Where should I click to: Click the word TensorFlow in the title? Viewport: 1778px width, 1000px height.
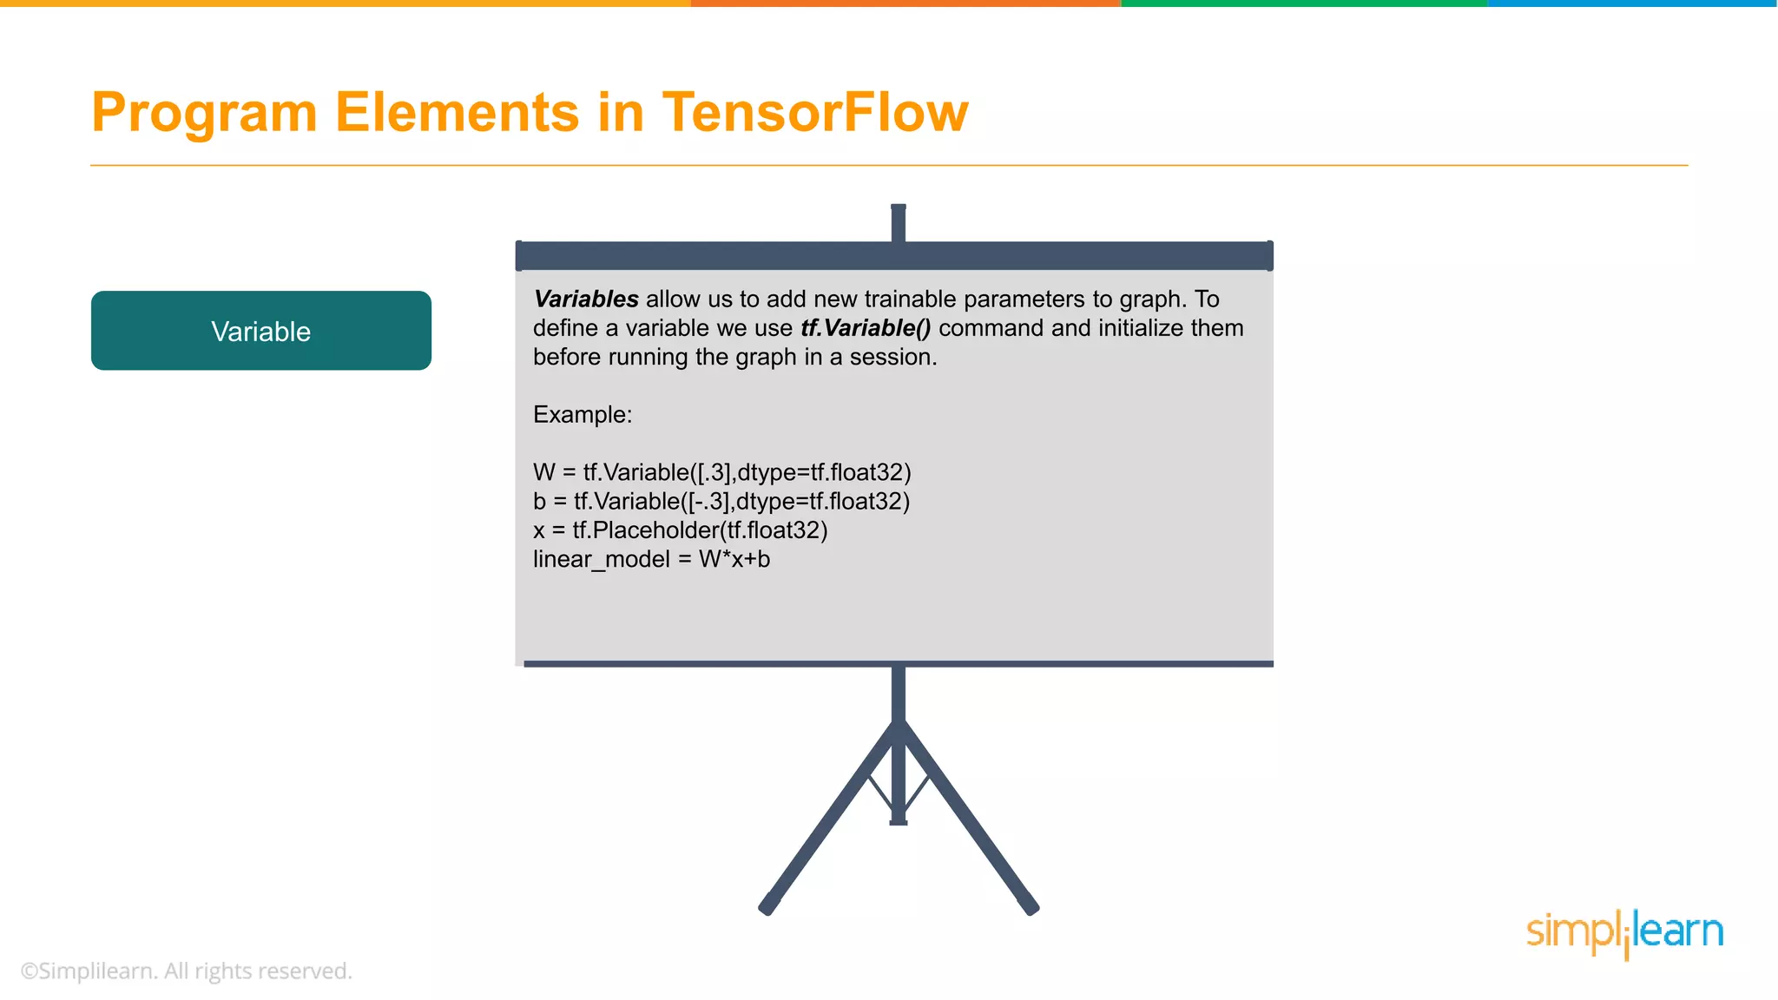pos(814,113)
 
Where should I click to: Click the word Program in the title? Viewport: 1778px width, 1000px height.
pos(205,113)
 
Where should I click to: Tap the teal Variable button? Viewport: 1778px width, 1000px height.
pos(261,331)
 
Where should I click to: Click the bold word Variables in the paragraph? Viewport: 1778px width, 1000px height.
pos(586,299)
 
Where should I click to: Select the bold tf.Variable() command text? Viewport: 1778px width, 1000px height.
pos(866,328)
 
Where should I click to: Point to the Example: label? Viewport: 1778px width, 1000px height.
pos(583,415)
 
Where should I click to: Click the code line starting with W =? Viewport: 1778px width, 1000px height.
pos(721,472)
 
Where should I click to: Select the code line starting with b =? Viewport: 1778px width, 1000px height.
pos(721,502)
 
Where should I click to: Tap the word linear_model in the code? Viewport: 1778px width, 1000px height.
pos(601,560)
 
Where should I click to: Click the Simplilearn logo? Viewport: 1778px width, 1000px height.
pos(1624,933)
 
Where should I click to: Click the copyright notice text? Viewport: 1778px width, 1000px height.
pos(186,970)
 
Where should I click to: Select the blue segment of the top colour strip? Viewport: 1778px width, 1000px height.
pos(1632,3)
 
